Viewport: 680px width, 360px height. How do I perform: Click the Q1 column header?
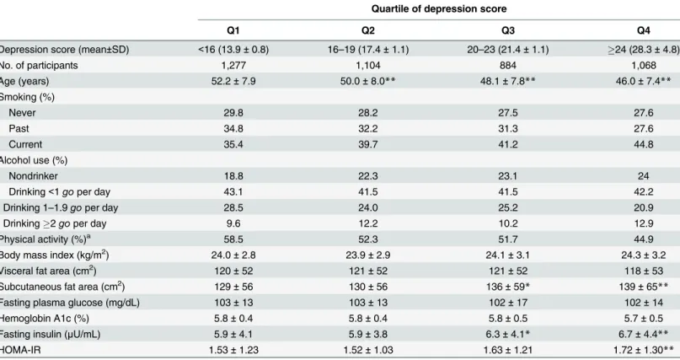233,30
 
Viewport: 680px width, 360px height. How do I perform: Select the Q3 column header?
508,30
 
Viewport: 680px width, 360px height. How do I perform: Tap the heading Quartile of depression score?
438,8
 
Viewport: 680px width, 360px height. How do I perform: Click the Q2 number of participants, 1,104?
367,66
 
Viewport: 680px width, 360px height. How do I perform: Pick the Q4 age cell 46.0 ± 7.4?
643,81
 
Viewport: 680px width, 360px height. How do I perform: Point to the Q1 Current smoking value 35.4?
233,144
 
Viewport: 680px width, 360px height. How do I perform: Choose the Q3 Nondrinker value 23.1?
508,176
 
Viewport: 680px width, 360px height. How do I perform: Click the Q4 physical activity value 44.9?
643,239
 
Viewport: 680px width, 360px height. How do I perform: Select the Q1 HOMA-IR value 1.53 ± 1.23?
233,350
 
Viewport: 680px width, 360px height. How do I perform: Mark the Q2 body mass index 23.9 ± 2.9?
367,255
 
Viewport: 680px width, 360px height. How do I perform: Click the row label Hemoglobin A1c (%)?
44,319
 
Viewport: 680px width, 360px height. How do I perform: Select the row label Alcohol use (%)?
34,160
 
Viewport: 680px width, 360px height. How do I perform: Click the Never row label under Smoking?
22,113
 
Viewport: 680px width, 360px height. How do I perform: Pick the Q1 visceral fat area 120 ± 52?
233,271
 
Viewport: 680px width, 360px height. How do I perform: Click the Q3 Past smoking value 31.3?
508,129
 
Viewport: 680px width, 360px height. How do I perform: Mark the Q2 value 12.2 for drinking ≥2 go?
367,223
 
